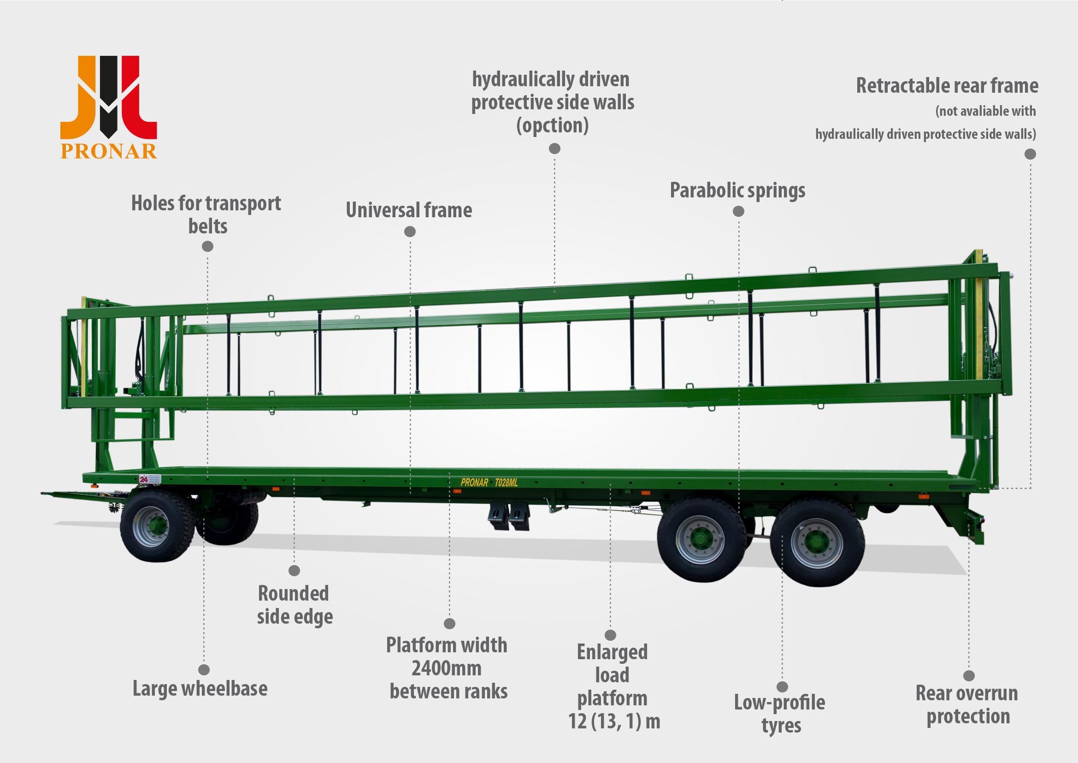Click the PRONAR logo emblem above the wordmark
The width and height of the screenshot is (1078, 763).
click(x=108, y=97)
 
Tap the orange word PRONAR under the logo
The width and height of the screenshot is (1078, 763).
click(x=108, y=151)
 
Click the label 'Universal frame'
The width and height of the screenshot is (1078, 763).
click(x=409, y=210)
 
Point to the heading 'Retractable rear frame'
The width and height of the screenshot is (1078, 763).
click(x=947, y=85)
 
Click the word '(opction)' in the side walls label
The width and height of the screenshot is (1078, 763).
click(x=553, y=125)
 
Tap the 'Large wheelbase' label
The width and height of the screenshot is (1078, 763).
click(x=200, y=689)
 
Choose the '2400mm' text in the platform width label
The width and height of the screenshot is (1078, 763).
click(x=447, y=668)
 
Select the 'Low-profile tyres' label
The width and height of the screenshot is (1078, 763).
click(x=779, y=714)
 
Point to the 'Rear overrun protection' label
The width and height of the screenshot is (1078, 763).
click(x=967, y=705)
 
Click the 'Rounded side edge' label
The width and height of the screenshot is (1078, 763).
click(x=295, y=605)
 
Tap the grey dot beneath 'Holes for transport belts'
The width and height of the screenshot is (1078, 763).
click(x=207, y=246)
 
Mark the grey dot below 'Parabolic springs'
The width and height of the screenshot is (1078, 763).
click(x=738, y=211)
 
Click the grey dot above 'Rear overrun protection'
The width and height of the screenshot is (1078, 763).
click(x=969, y=676)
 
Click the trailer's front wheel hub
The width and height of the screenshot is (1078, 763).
click(x=151, y=527)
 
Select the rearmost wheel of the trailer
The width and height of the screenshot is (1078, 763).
click(x=818, y=543)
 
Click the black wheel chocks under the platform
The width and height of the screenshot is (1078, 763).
click(x=508, y=517)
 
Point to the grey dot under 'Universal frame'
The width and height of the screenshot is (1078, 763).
click(x=410, y=231)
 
